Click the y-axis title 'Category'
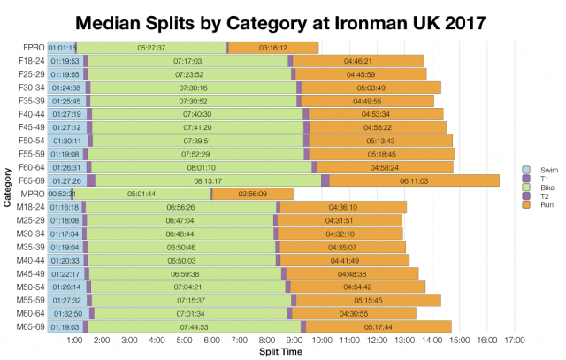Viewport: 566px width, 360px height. click(x=7, y=186)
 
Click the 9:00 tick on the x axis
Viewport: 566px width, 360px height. click(x=295, y=340)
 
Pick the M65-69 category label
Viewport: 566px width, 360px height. click(x=29, y=326)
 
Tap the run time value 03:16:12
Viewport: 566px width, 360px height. click(x=273, y=48)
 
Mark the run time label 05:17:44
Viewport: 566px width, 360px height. click(x=379, y=326)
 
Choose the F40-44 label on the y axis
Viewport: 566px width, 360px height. click(x=29, y=114)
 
